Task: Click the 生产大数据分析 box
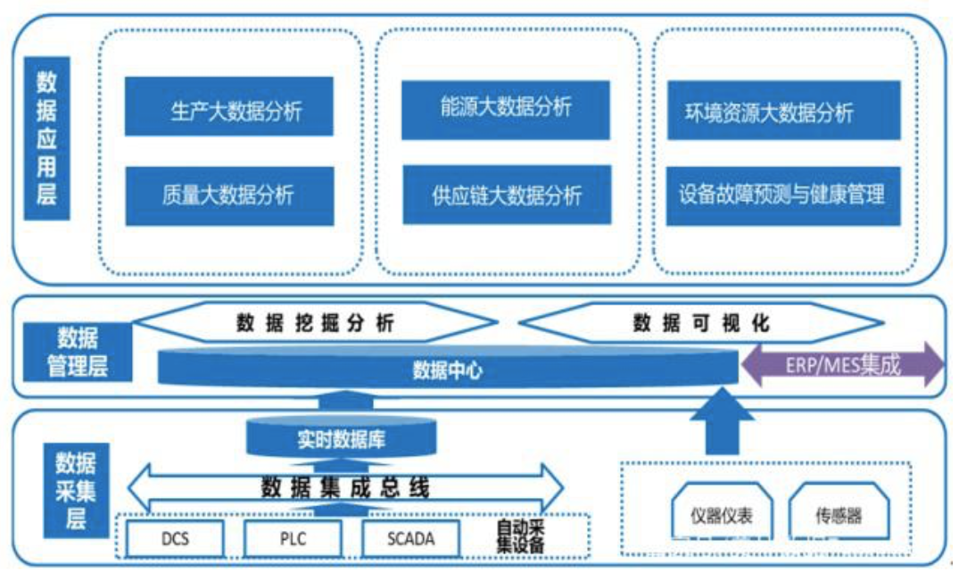[228, 106]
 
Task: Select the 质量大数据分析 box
[228, 195]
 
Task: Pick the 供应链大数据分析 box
[506, 195]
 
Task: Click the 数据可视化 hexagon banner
[701, 323]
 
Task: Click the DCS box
[176, 537]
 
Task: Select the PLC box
[293, 537]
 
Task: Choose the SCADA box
[411, 537]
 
